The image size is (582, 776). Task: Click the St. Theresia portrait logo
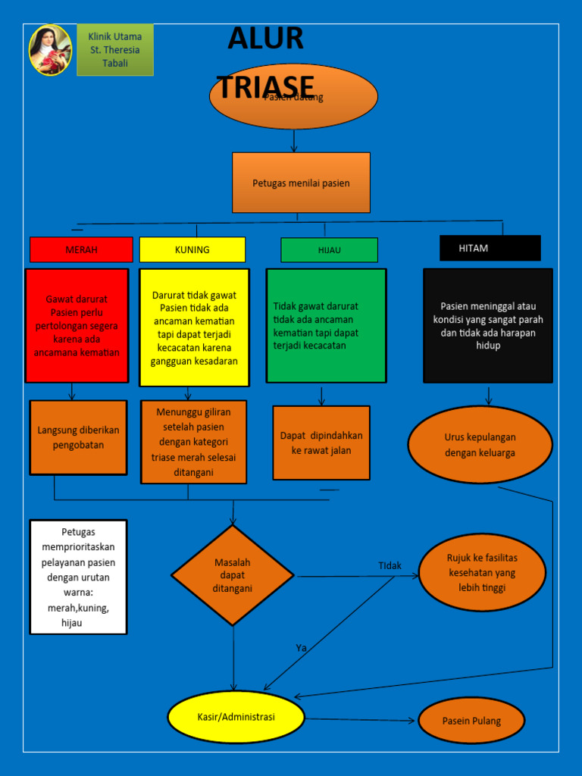click(50, 50)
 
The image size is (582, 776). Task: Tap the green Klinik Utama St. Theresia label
click(115, 50)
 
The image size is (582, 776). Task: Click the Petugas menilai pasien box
click(301, 183)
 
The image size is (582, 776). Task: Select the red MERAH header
click(81, 249)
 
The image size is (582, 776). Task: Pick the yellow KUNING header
click(192, 249)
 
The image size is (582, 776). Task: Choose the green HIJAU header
click(329, 250)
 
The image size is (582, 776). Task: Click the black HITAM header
click(490, 248)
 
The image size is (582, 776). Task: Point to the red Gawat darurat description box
click(77, 326)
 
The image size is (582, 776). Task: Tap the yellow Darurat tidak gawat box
click(194, 327)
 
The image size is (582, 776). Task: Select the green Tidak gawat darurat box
click(326, 326)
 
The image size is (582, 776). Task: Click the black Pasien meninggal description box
click(488, 326)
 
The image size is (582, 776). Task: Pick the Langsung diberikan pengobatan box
click(78, 437)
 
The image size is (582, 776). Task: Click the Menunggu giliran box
click(193, 442)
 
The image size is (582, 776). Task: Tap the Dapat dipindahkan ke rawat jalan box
click(321, 443)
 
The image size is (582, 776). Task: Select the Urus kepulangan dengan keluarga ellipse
click(480, 445)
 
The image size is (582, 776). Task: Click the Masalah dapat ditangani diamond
click(233, 575)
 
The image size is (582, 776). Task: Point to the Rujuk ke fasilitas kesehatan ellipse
click(482, 572)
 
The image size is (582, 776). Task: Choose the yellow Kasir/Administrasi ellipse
click(236, 717)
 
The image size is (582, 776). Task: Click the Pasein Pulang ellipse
click(471, 721)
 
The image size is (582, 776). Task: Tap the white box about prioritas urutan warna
click(78, 577)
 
